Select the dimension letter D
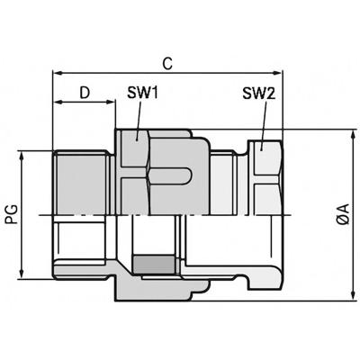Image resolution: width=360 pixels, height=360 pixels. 85,92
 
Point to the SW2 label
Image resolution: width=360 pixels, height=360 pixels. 257,94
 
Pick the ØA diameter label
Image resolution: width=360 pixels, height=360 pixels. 344,216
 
